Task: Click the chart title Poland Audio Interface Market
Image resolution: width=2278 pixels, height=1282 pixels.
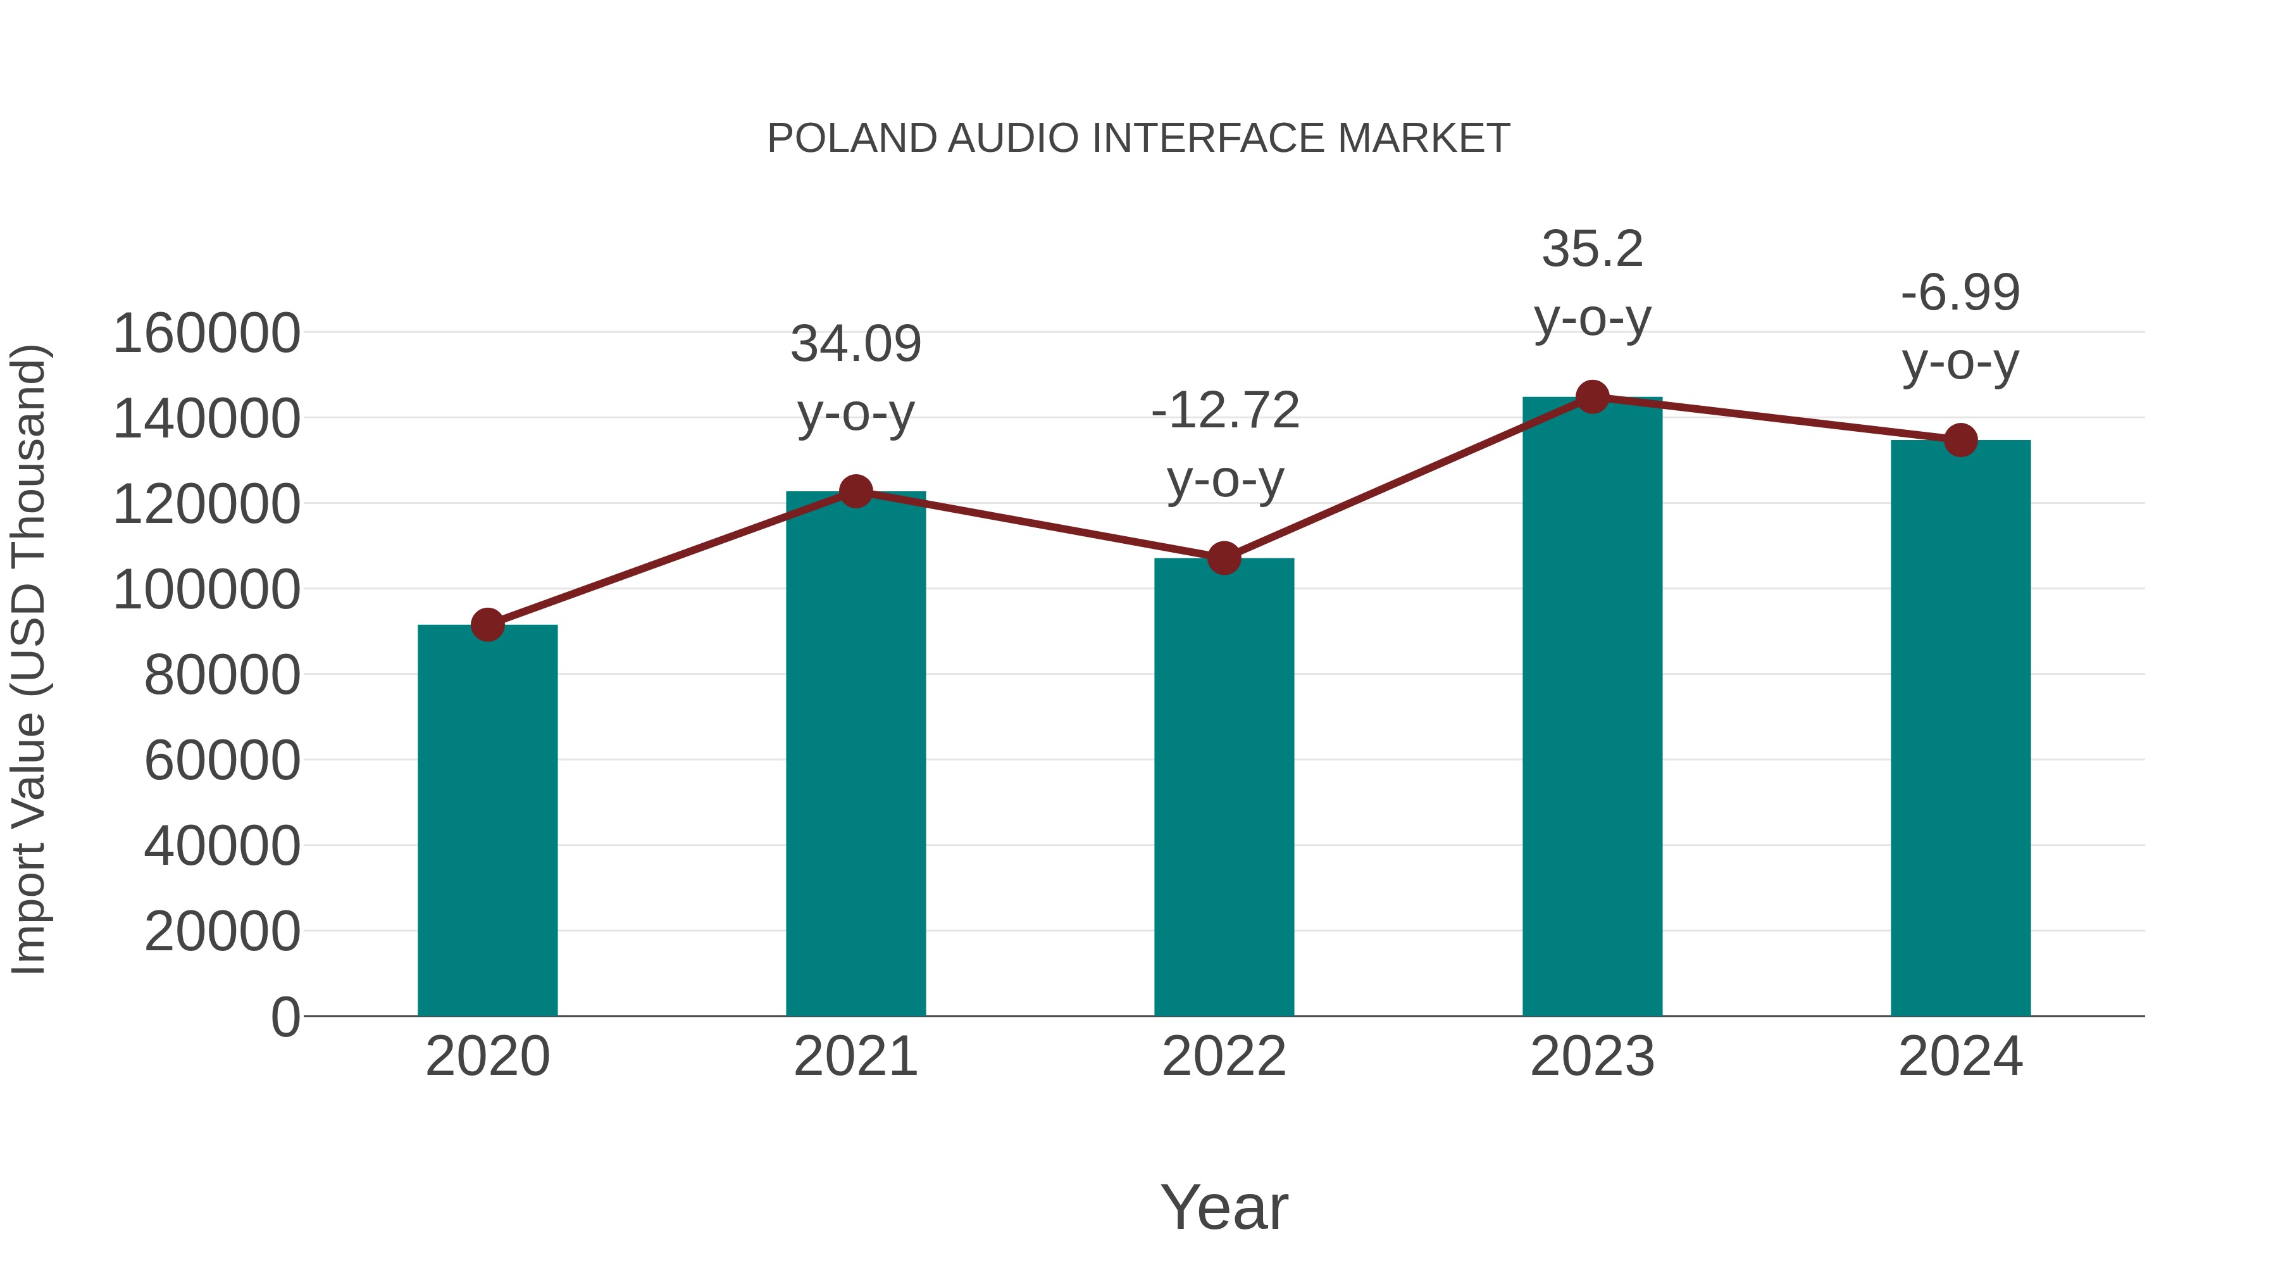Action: [x=1138, y=139]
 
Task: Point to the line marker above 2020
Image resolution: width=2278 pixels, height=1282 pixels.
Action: [x=487, y=625]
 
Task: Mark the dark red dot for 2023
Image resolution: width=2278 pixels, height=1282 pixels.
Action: [x=1593, y=397]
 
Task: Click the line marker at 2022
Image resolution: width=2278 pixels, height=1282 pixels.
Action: [x=1224, y=558]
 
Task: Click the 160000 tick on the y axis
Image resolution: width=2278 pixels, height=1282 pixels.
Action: [x=206, y=334]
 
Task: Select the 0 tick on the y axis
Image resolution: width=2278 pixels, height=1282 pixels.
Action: [x=285, y=1017]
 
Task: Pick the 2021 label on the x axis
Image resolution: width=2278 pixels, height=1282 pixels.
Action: [x=855, y=1057]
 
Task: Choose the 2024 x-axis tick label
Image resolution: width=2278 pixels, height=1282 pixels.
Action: [x=1960, y=1057]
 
